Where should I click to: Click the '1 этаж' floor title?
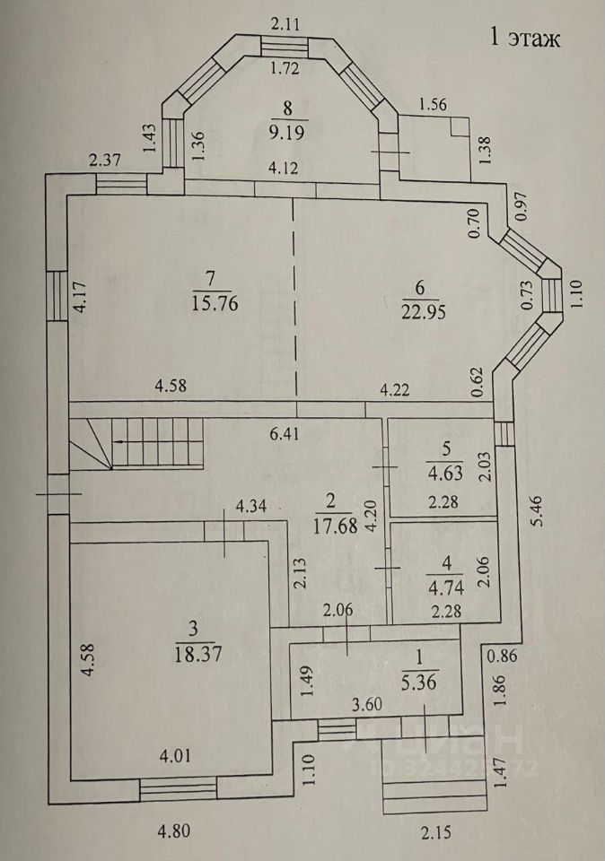pyautogui.click(x=523, y=38)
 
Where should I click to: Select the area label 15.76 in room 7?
pyautogui.click(x=213, y=302)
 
